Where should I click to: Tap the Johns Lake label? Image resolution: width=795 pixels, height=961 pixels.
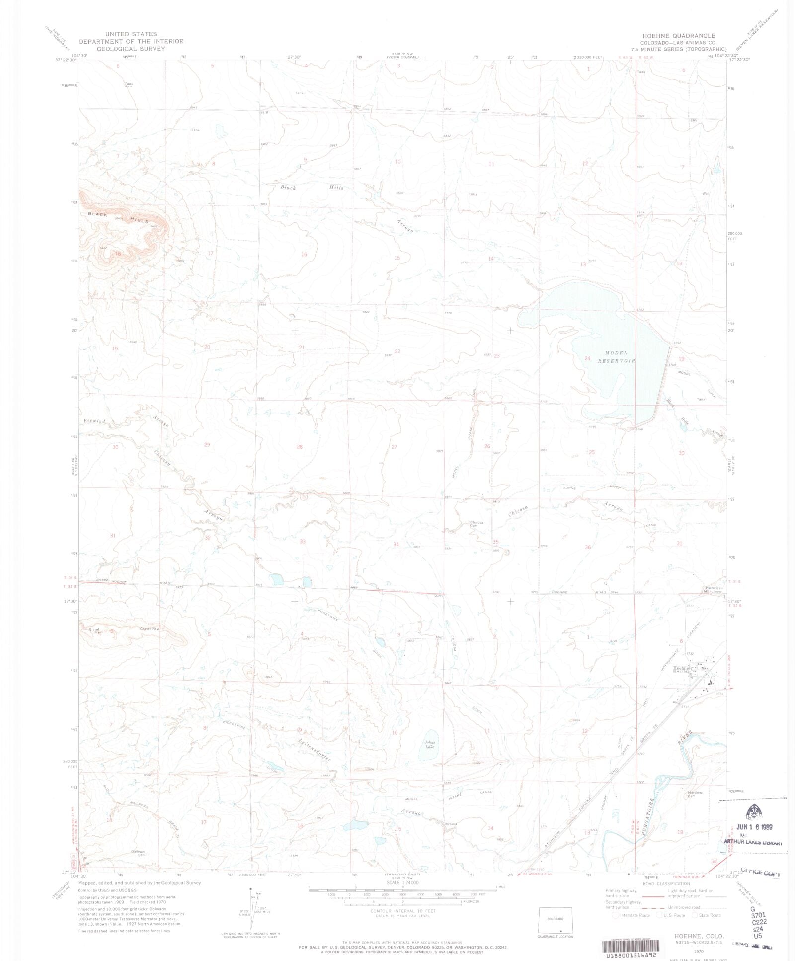429,745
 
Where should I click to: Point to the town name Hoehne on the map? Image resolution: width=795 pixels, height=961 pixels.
682,668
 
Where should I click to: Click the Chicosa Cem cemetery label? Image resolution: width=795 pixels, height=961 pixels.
477,524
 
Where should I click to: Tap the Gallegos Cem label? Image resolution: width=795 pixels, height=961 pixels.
138,853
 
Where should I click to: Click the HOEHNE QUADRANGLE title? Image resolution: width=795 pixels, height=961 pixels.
679,36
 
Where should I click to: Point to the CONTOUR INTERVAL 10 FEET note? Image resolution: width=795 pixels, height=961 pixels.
402,911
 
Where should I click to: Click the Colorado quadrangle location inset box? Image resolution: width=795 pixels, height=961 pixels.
555,924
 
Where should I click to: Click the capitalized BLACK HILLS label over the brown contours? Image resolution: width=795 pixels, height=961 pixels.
118,217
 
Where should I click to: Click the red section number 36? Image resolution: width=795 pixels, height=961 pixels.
588,547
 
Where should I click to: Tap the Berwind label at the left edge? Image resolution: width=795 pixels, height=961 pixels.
94,421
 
